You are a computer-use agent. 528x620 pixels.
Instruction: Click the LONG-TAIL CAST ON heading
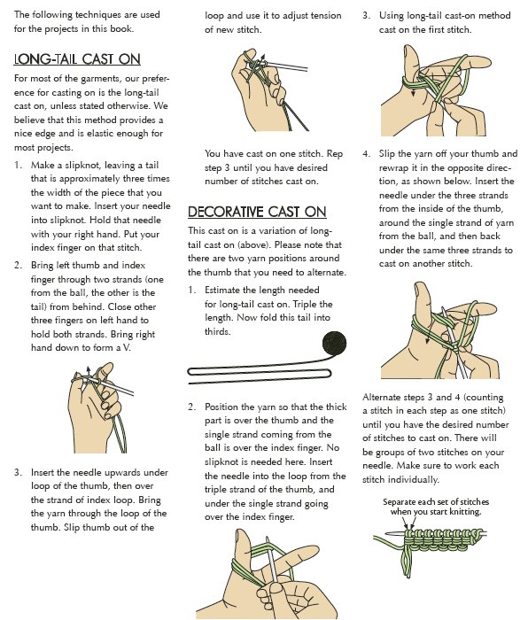click(77, 59)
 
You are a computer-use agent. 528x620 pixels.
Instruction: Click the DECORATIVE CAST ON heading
click(257, 212)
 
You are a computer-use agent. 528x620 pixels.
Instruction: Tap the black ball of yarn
click(334, 343)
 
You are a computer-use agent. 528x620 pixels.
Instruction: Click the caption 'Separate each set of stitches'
click(436, 502)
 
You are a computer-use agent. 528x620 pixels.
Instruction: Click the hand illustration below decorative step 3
click(435, 90)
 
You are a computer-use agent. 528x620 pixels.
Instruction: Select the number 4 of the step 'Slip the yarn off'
click(365, 154)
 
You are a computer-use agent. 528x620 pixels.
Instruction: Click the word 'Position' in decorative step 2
click(221, 407)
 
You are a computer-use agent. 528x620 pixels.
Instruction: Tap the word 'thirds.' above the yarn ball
click(218, 331)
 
